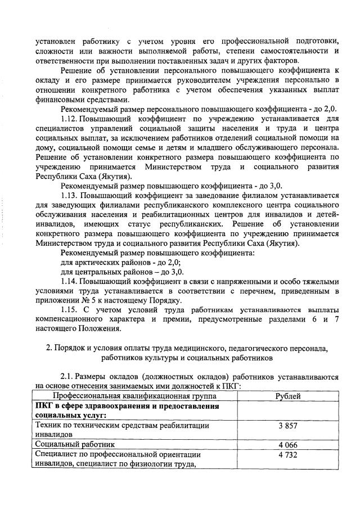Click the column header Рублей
(x=287, y=396)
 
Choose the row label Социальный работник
(x=69, y=444)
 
